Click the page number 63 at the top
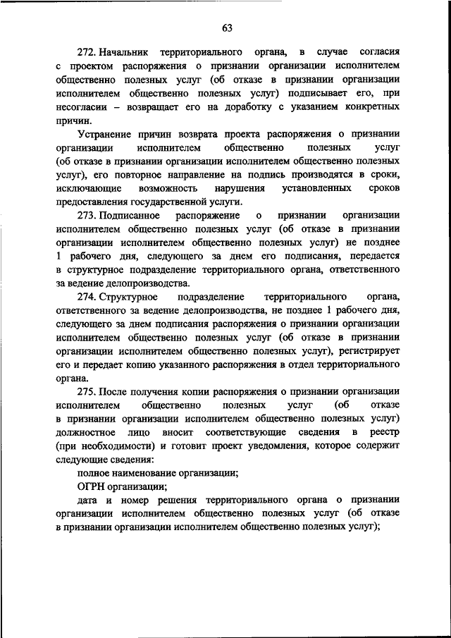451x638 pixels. point(226,28)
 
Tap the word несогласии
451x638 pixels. point(80,107)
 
